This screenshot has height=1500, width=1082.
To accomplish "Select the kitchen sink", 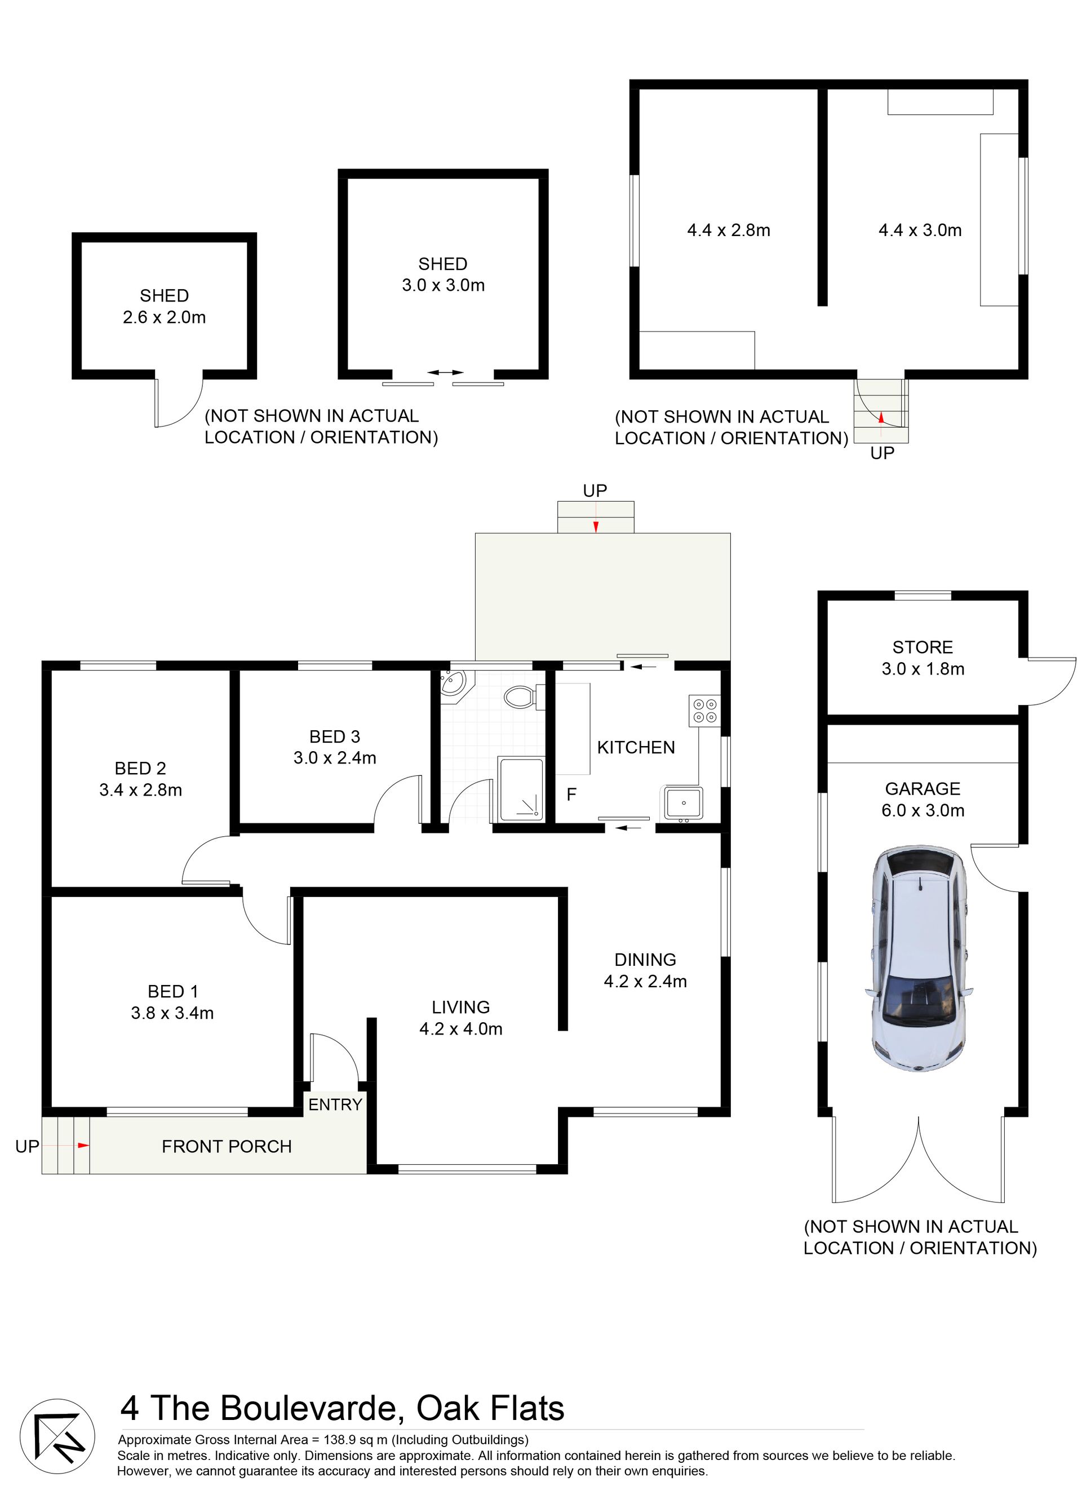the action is [x=683, y=804].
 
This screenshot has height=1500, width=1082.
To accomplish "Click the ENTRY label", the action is [x=335, y=1104].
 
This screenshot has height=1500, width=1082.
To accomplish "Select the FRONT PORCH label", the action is [x=227, y=1146].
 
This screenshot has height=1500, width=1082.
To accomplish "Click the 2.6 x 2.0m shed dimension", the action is [x=164, y=317].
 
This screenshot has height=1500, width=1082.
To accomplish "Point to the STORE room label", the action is [x=923, y=647].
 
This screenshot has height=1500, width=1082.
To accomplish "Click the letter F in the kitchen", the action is [x=571, y=795].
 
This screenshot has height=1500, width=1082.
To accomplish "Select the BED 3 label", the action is [x=335, y=736].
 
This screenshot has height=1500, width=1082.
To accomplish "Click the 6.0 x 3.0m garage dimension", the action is [x=923, y=810].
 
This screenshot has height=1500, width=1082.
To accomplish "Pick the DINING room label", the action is [x=645, y=960].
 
